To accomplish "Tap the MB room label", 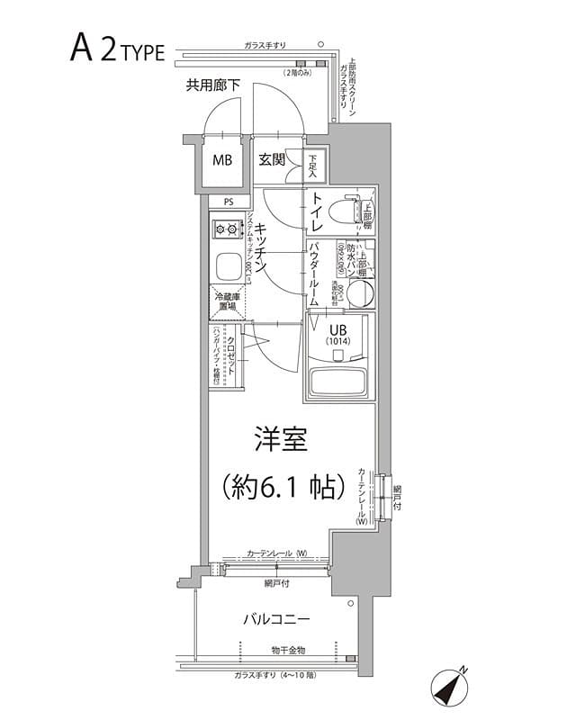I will coord(221,162).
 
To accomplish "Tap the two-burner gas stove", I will coord(225,230).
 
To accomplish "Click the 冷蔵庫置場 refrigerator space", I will coord(227,301).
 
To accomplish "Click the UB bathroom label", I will coord(337,333).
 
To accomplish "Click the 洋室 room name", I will coord(280,440).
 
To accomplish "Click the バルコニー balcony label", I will coord(276,620).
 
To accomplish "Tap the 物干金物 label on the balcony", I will coord(288,650).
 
